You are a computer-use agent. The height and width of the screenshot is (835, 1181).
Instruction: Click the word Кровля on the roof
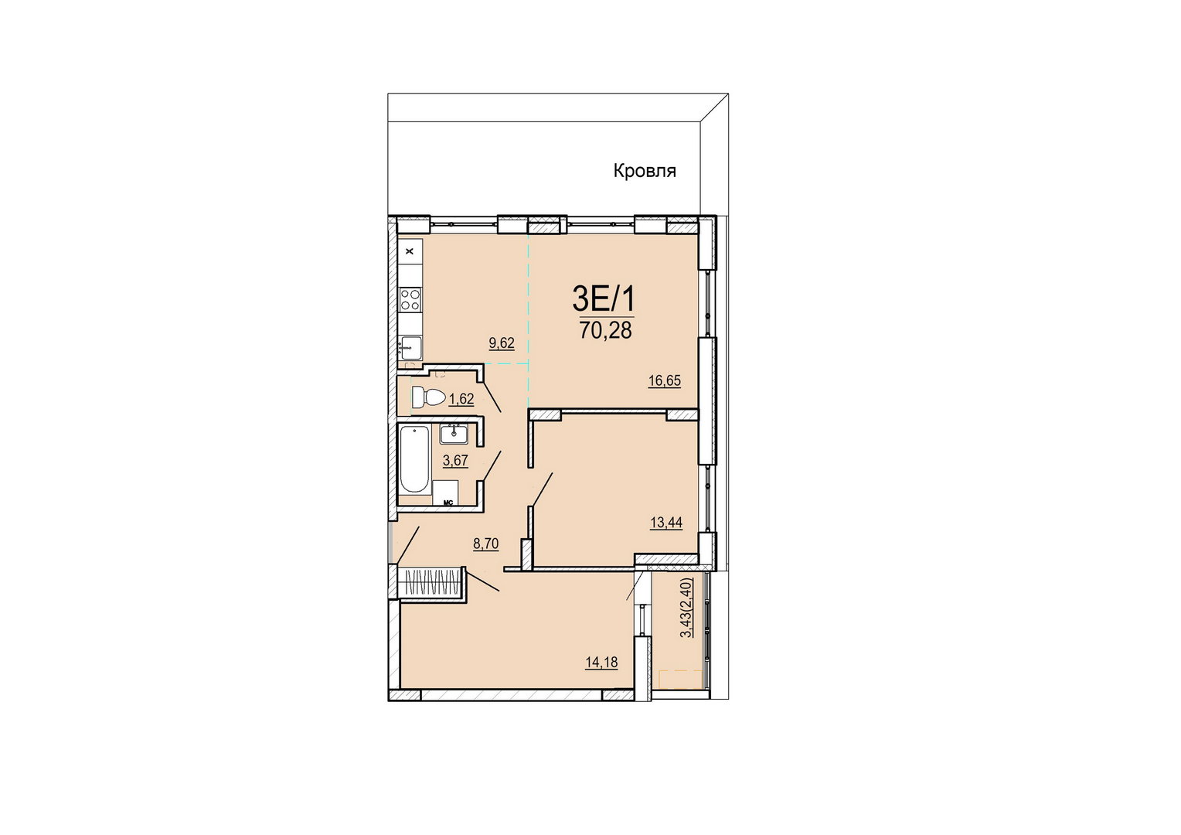[x=645, y=172]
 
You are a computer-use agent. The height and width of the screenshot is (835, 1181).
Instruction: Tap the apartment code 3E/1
[x=604, y=300]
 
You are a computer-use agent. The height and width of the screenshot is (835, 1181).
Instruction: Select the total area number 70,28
[x=605, y=331]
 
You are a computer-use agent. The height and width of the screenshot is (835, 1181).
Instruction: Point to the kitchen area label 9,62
[x=502, y=343]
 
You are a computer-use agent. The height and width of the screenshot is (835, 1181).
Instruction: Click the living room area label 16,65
[x=665, y=381]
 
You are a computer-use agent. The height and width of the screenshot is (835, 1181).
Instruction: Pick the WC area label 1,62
[x=461, y=399]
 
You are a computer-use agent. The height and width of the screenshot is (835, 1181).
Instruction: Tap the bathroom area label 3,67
[x=455, y=461]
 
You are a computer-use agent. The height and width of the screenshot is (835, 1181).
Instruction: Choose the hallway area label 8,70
[x=485, y=544]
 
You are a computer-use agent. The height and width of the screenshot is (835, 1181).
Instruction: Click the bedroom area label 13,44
[x=666, y=523]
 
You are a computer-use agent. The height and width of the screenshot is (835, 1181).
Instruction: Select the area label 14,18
[x=601, y=662]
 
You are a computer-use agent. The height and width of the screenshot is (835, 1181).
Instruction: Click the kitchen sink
[x=410, y=347]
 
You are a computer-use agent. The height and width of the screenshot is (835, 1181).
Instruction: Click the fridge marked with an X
[x=410, y=251]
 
